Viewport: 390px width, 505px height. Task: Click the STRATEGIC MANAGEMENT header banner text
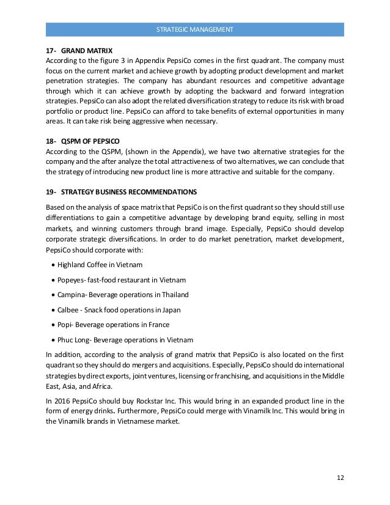tap(195, 29)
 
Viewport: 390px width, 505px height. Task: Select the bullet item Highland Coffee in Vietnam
tap(100, 265)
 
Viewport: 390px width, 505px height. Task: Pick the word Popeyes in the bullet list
tap(71, 279)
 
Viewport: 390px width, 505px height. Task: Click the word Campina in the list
tap(72, 294)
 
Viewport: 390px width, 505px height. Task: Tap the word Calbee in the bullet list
tap(68, 309)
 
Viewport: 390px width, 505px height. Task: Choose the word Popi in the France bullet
tap(64, 324)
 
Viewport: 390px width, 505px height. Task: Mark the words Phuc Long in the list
tap(75, 339)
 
